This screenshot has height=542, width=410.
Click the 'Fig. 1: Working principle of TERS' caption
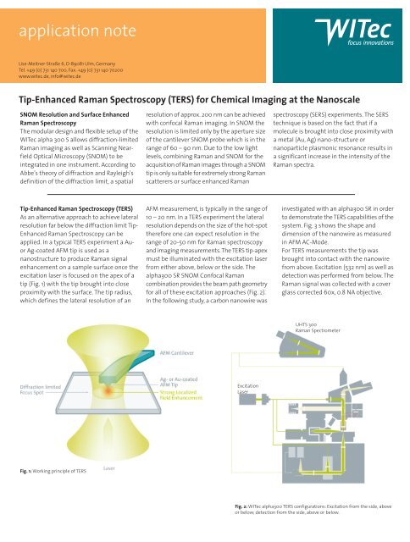click(x=46, y=470)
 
